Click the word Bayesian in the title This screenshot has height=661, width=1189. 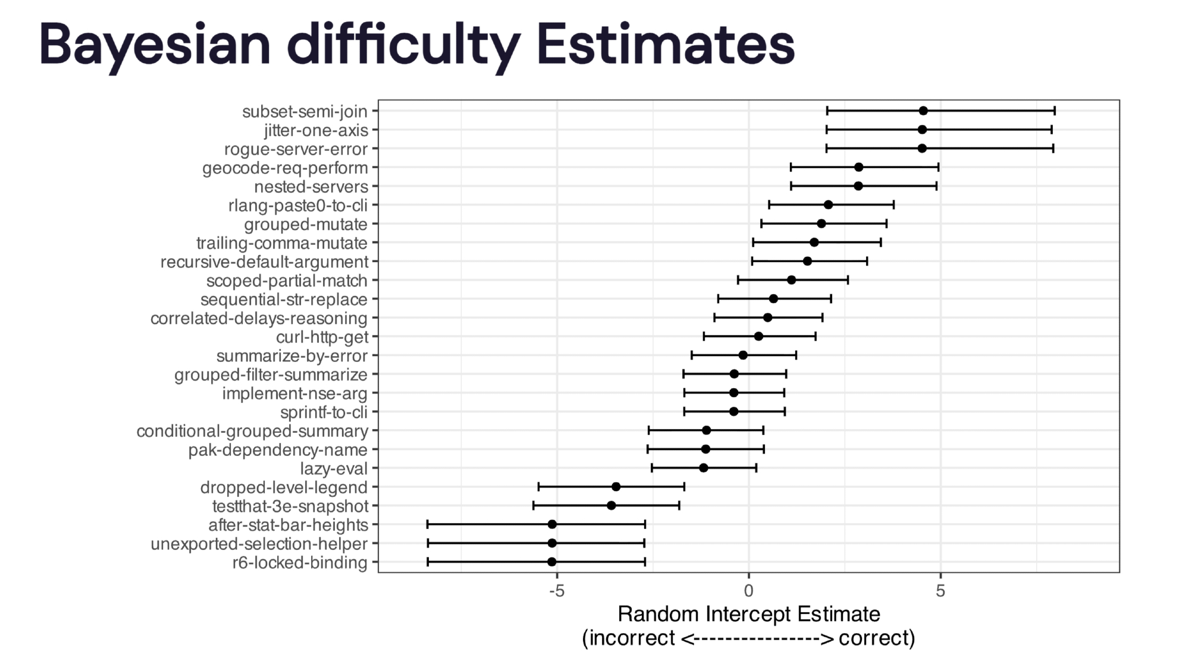pos(155,45)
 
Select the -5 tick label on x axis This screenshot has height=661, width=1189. pos(556,591)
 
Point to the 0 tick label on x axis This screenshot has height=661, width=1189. pos(748,591)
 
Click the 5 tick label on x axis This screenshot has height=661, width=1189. pos(940,591)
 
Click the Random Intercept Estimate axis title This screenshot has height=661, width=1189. pos(748,614)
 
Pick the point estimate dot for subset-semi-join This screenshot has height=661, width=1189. pos(923,111)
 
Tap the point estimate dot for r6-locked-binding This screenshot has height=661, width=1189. pos(552,562)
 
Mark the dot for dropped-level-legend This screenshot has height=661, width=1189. pos(616,487)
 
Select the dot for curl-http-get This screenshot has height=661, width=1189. pos(758,336)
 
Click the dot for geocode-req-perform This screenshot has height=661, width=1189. pos(858,167)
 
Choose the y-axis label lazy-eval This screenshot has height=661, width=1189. pos(334,468)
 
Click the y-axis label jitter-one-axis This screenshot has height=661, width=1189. pos(316,130)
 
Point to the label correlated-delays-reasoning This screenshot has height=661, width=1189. pos(259,319)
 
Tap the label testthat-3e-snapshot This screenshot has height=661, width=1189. pos(290,506)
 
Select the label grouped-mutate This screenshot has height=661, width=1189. pos(306,225)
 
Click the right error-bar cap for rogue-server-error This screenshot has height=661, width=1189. pos(1053,149)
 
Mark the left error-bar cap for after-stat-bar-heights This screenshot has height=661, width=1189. pos(428,524)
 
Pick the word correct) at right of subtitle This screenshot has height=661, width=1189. pos(877,638)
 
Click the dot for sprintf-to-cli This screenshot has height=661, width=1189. pos(734,411)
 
